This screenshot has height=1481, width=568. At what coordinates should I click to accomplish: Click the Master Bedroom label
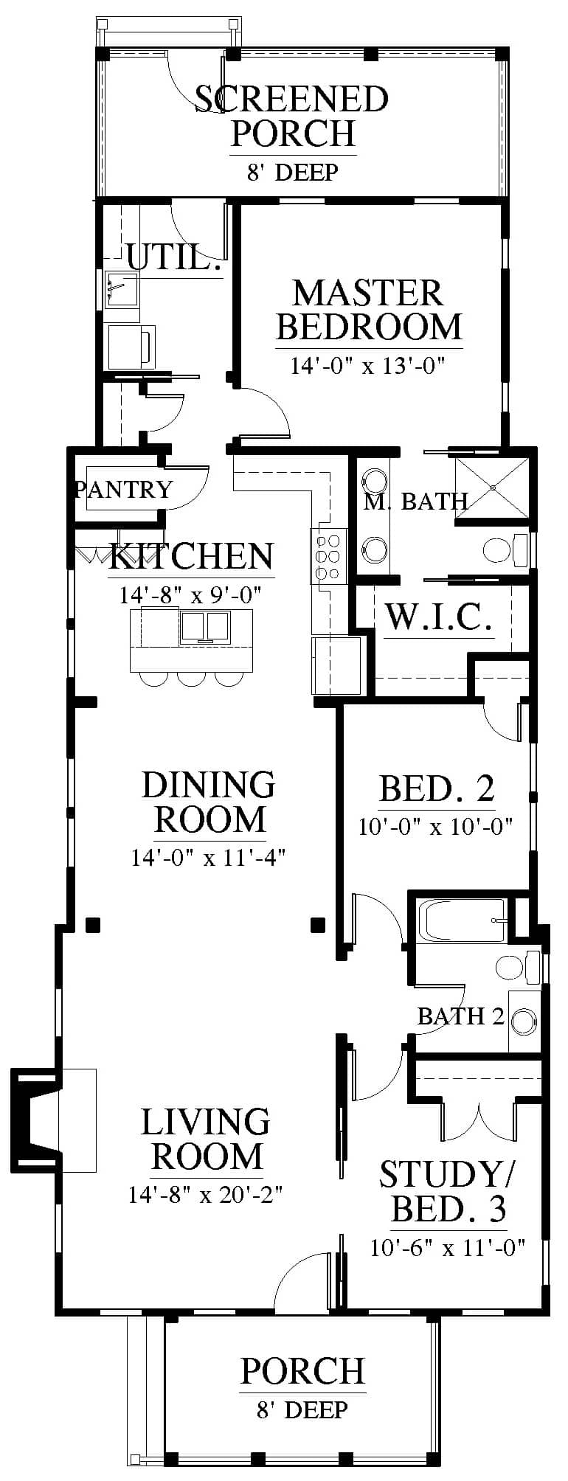(x=369, y=310)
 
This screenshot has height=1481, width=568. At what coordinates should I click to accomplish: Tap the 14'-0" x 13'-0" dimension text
(x=369, y=366)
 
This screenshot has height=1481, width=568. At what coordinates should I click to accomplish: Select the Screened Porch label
(x=292, y=116)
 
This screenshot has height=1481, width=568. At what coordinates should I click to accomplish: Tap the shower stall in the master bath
(x=492, y=488)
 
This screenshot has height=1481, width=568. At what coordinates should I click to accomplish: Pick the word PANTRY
(x=124, y=489)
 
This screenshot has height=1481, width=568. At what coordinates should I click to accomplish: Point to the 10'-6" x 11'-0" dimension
(x=448, y=1247)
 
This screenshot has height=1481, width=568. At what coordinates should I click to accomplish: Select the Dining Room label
(x=209, y=802)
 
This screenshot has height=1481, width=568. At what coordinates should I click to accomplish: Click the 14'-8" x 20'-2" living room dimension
(x=207, y=1194)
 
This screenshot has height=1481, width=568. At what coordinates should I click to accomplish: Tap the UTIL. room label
(x=175, y=258)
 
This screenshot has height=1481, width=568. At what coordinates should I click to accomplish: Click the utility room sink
(x=122, y=288)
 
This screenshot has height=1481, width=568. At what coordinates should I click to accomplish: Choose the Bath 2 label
(x=461, y=1016)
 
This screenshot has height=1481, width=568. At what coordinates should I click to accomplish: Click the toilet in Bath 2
(x=519, y=966)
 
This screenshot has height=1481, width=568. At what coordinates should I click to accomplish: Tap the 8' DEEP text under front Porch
(x=302, y=1410)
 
